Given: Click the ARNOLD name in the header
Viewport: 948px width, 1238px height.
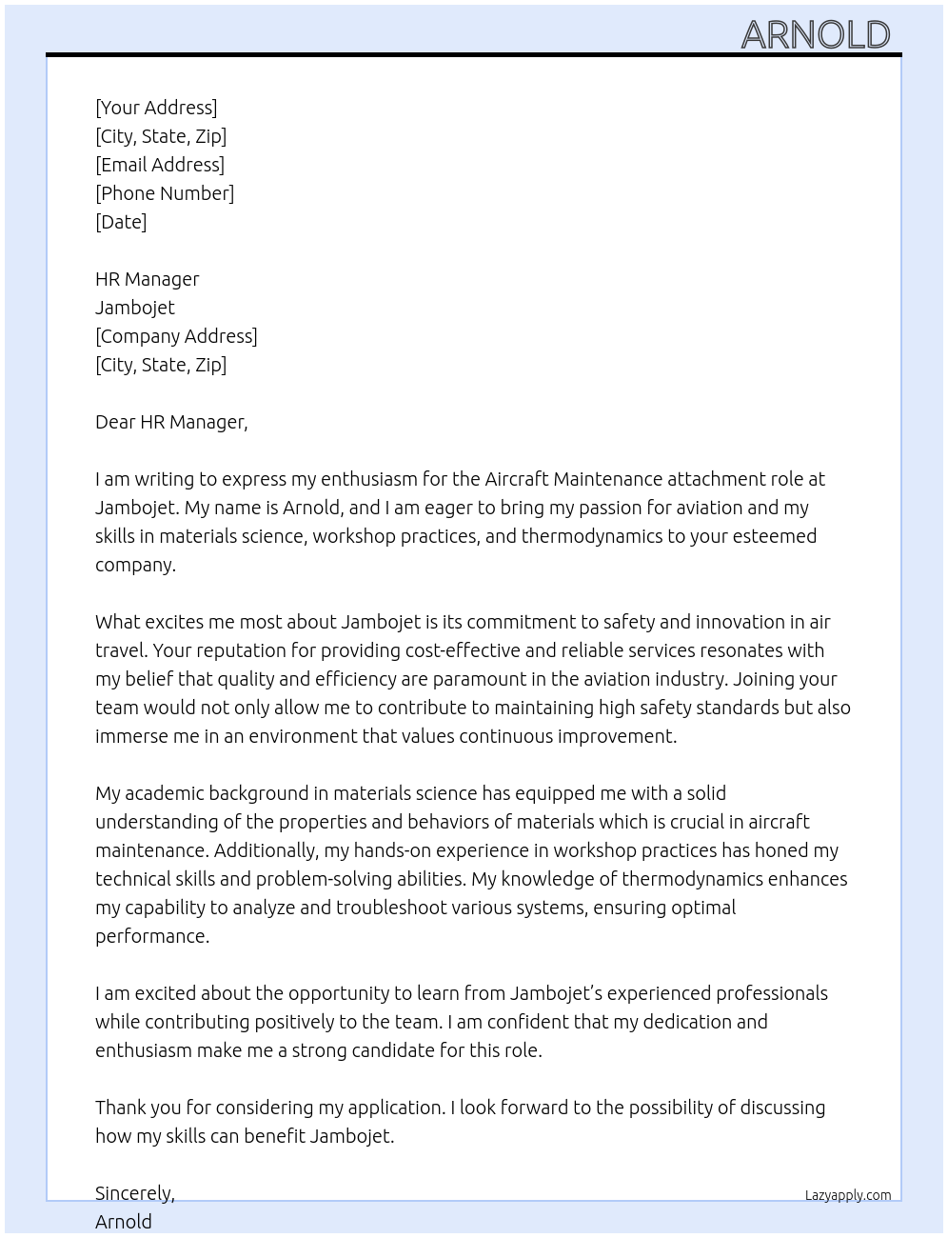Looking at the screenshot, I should coord(815,35).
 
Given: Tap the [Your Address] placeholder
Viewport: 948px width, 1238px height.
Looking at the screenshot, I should coord(156,108).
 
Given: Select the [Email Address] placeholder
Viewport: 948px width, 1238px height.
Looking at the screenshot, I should coord(160,165).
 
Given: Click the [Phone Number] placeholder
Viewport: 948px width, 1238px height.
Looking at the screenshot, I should coord(165,193).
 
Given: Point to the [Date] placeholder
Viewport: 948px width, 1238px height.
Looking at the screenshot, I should coord(121,222).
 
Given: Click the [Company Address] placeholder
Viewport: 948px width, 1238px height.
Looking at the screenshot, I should coord(176,336).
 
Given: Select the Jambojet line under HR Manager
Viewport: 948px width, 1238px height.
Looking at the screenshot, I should coord(135,308).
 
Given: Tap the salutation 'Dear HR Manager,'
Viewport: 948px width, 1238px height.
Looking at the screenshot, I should coord(171,422).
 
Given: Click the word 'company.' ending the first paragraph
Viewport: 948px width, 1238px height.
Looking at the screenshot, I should coord(135,565).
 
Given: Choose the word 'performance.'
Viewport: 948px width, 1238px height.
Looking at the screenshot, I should coord(152,936).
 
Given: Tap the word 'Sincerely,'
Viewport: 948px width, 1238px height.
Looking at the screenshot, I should coord(135,1193).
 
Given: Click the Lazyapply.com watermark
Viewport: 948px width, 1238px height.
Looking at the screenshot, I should coord(847,1195).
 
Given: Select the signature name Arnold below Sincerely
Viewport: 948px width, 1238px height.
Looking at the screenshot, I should coord(124,1222).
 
